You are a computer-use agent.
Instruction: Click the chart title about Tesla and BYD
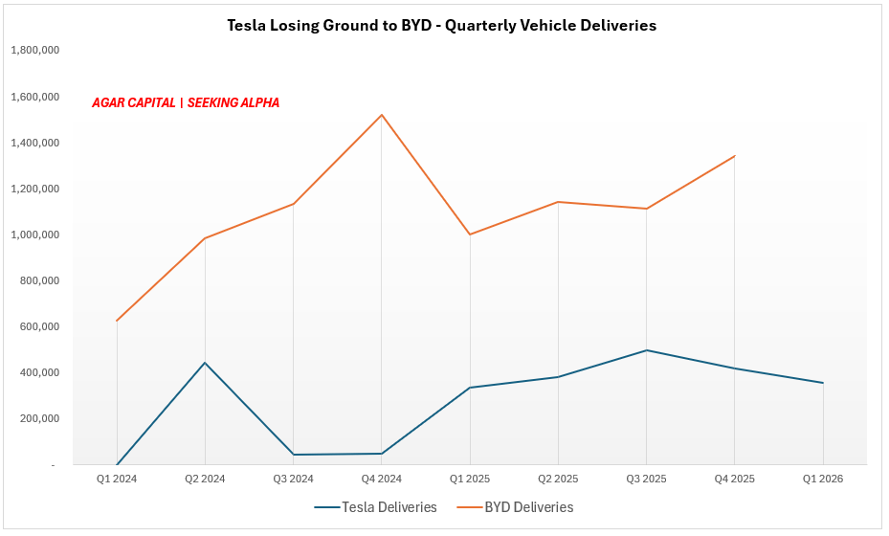(x=441, y=26)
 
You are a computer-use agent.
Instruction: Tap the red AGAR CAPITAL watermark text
(x=186, y=102)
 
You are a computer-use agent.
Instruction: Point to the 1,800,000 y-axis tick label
(x=35, y=51)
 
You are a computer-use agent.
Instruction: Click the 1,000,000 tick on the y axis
(x=35, y=234)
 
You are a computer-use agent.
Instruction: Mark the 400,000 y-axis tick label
(x=39, y=372)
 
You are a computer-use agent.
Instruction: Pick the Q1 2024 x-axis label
(x=116, y=479)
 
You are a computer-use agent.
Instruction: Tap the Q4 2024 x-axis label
(x=381, y=479)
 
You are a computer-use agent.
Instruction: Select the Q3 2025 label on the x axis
(x=646, y=479)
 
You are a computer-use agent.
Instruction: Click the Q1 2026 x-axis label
(x=823, y=479)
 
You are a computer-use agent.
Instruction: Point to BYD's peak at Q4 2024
(x=382, y=115)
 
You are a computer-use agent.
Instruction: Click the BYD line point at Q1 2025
(x=470, y=234)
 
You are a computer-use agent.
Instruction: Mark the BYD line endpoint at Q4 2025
(x=735, y=155)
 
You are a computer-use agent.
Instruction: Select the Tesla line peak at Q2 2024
(x=205, y=363)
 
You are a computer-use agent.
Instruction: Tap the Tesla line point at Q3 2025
(x=647, y=350)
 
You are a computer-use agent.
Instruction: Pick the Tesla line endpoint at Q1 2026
(x=823, y=383)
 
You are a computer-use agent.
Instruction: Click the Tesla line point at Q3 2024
(x=293, y=455)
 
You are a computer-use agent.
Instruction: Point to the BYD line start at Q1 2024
(x=117, y=321)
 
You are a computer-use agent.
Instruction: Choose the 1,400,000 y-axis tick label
(x=35, y=143)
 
